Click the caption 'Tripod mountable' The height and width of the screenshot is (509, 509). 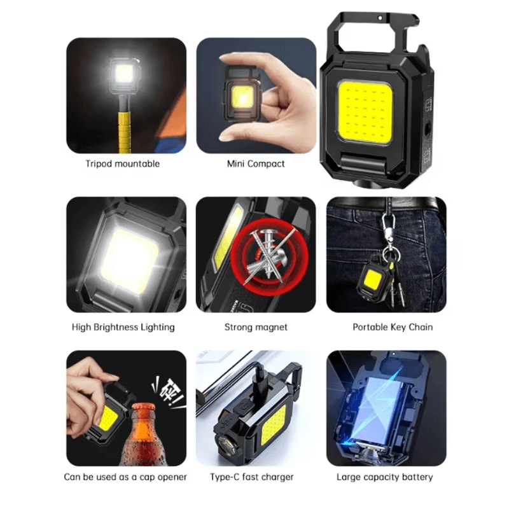click(x=123, y=164)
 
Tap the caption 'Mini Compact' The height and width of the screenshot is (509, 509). click(x=256, y=164)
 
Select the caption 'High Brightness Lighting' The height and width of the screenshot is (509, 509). click(x=123, y=327)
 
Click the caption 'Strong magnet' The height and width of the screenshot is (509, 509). click(x=256, y=327)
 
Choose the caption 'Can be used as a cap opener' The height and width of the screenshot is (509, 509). click(x=125, y=477)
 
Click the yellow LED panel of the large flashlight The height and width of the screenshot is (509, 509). click(x=364, y=111)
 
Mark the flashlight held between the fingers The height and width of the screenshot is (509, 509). click(x=242, y=95)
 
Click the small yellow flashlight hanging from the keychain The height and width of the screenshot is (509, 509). click(x=376, y=280)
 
